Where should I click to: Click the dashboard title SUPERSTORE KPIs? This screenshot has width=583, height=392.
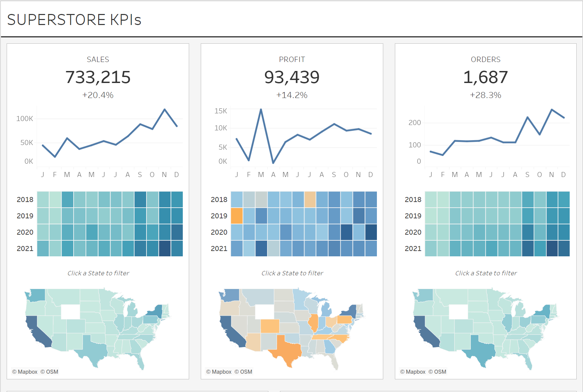pyautogui.click(x=74, y=20)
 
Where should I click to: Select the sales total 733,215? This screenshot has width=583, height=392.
pyautogui.click(x=98, y=77)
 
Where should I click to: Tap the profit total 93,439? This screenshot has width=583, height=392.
pyautogui.click(x=292, y=77)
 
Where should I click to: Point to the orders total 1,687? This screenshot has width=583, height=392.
pyautogui.click(x=485, y=77)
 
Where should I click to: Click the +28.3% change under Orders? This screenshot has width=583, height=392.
pyautogui.click(x=485, y=95)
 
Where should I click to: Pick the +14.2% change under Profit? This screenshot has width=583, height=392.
pyautogui.click(x=292, y=95)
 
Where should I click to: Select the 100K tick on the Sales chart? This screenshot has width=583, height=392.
pyautogui.click(x=25, y=119)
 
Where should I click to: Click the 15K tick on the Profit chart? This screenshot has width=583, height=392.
pyautogui.click(x=221, y=111)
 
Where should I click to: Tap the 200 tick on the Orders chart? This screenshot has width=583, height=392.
pyautogui.click(x=415, y=123)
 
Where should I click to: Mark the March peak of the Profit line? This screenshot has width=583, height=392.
pyautogui.click(x=261, y=109)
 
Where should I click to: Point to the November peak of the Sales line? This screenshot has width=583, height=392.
pyautogui.click(x=164, y=109)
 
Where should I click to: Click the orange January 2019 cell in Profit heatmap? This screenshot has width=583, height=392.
pyautogui.click(x=237, y=216)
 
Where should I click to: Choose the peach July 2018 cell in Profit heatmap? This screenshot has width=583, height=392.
pyautogui.click(x=310, y=199)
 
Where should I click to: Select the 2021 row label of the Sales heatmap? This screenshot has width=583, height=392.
pyautogui.click(x=25, y=249)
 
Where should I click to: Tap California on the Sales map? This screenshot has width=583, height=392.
pyautogui.click(x=38, y=332)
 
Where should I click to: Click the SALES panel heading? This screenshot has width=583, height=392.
pyautogui.click(x=98, y=60)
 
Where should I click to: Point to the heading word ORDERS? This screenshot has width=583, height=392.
pyautogui.click(x=485, y=60)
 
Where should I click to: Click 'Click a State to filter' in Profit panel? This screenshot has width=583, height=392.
pyautogui.click(x=292, y=273)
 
